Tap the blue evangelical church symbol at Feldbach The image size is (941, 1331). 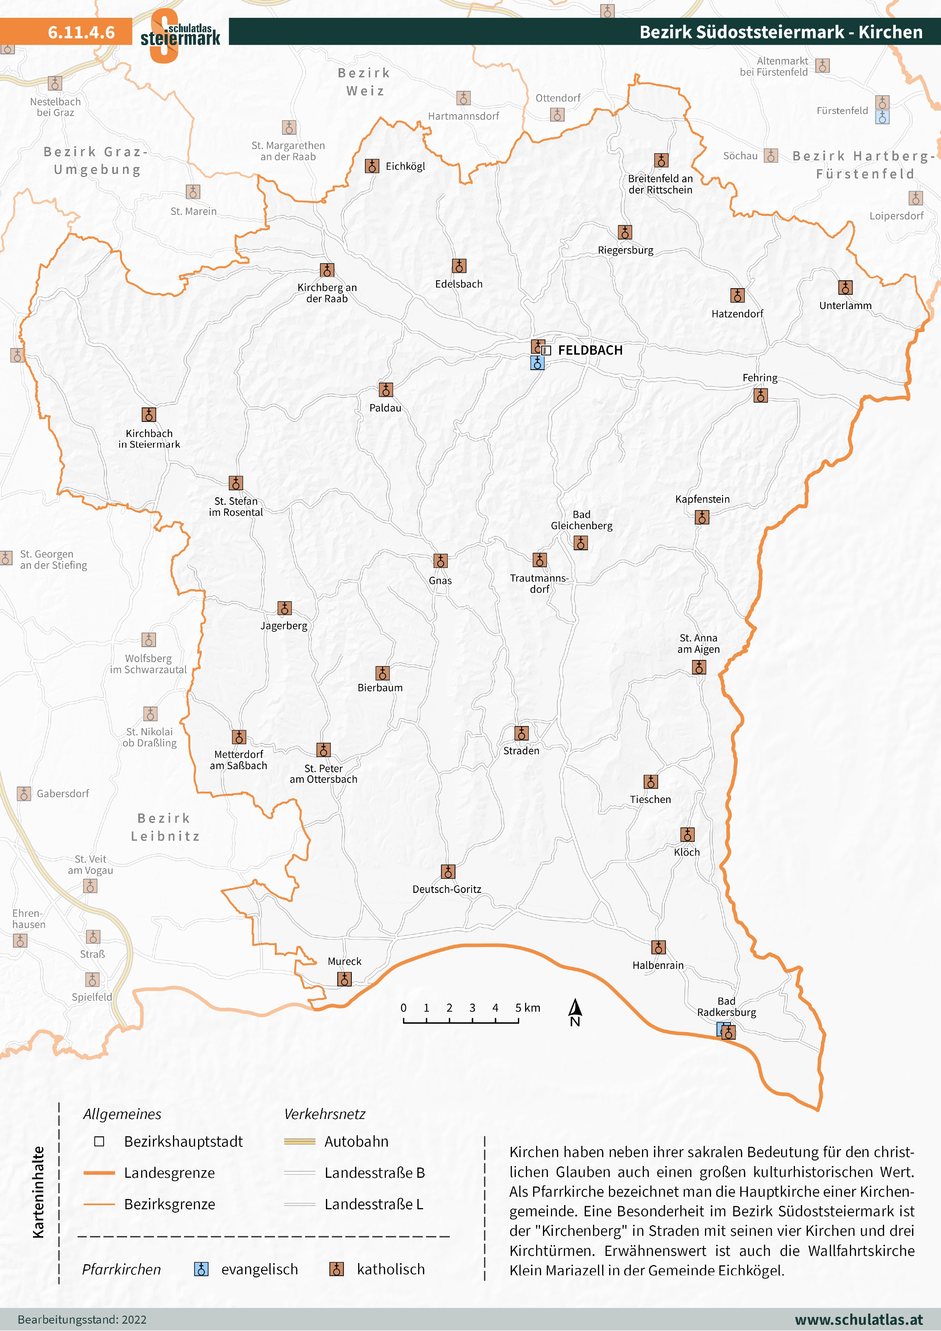pos(537,363)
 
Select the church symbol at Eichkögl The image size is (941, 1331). pos(371,167)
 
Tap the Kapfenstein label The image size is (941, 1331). pos(702,499)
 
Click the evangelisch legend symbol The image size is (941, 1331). pos(201,1269)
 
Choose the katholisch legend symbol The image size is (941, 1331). pos(336,1269)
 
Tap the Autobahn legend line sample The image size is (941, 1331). pos(300,1141)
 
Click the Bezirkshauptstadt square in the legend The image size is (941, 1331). pos(99,1141)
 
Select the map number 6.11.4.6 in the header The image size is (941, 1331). pos(81,33)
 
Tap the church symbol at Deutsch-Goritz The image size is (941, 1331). pos(448,872)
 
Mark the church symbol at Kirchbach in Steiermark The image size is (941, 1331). pos(149,415)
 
